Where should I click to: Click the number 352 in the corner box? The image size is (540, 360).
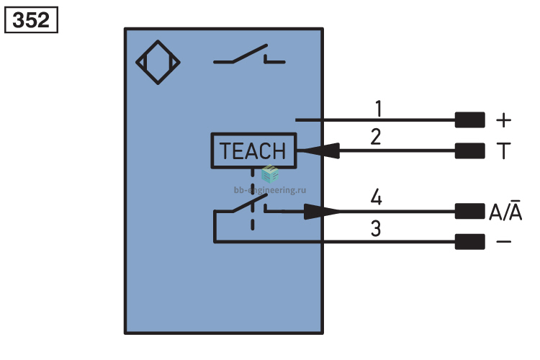coord(31,20)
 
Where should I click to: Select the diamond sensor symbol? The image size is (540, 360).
coord(158,63)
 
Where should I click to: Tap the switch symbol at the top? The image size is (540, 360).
coord(249,55)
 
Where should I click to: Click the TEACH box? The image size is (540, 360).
coord(254,150)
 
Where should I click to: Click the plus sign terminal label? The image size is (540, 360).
coord(503,120)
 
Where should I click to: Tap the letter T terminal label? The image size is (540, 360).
coord(503,150)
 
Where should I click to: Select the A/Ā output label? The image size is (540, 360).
coord(505,210)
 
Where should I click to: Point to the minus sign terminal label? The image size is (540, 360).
coord(503,241)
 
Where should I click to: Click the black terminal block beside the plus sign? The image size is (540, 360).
coord(469,120)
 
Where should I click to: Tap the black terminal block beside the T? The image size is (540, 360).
coord(469,151)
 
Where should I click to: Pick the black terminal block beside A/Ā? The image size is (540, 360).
coord(469,211)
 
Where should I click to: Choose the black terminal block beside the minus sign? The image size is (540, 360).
coord(469,241)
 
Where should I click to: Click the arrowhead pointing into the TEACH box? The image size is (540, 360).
coord(318,150)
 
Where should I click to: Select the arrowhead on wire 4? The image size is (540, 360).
coord(322,211)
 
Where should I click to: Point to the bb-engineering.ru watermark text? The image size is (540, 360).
coord(270,190)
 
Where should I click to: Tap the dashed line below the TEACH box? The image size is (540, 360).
coord(253,199)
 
